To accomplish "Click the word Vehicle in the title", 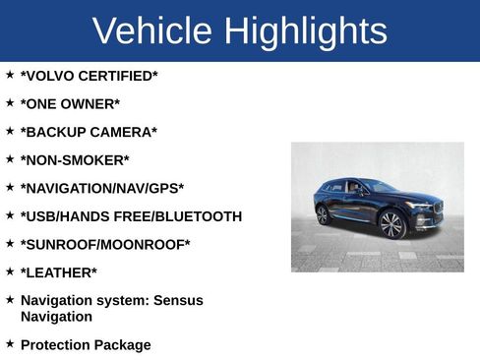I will pos(152,31).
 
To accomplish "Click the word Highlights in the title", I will pos(305,31).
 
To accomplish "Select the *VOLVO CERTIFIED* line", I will pos(89,76).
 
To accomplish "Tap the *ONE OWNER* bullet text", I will pos(70,104).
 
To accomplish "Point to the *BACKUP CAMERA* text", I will pos(89,132).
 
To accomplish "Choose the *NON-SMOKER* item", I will pos(75,160).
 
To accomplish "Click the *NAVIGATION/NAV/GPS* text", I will pos(102,188).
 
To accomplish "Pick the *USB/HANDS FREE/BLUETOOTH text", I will pos(131,216).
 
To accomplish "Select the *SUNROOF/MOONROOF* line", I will pos(105,245).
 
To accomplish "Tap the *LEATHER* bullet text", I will pos(59,272).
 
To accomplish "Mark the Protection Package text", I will pos(86,345).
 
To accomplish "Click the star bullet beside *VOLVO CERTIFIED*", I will pos(10,74).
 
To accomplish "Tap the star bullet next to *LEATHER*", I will pos(10,270).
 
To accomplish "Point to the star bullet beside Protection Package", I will pos(10,343).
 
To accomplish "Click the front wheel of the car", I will pos(391,225).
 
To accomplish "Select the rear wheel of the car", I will pos(323,214).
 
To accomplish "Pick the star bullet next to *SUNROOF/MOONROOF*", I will pos(10,243).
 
